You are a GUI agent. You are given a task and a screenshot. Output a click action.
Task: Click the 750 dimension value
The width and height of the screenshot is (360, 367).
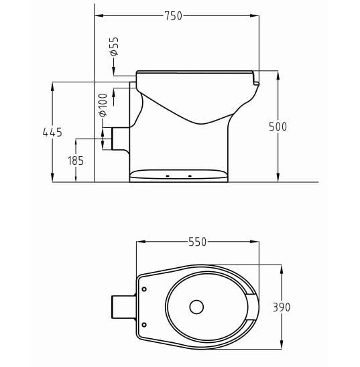pos(173,16)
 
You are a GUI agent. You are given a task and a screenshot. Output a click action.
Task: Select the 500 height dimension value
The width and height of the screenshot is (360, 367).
pos(277,127)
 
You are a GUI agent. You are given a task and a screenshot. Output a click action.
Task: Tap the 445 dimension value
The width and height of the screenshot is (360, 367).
pos(52,133)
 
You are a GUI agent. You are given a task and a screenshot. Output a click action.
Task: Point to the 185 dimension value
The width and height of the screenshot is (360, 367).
pos(76,161)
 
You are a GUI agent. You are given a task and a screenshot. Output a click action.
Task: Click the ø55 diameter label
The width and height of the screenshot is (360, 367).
pos(113,46)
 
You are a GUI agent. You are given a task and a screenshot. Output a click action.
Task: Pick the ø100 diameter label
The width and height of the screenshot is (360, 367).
pos(103,104)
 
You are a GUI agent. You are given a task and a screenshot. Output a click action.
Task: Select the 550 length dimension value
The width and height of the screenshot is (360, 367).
pos(197,242)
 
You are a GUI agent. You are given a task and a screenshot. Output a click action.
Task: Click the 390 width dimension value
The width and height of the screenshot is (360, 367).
pos(282,307)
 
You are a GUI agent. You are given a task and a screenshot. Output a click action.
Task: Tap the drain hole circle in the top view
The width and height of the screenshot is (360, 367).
pos(196,307)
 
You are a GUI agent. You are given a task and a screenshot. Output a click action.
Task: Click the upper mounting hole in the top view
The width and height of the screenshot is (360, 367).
pos(144,289)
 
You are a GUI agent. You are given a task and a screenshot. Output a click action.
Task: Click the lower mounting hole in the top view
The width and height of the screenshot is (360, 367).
pos(144,325)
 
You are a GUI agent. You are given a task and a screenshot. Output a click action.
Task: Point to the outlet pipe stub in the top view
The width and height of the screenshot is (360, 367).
pos(123,307)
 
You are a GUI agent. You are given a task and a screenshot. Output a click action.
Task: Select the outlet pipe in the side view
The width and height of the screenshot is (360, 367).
pos(121,139)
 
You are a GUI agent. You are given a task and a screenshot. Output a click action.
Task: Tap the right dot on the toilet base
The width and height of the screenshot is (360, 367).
pos(190,176)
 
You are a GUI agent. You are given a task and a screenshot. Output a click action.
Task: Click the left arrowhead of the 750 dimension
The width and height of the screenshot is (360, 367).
pos(98,16)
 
